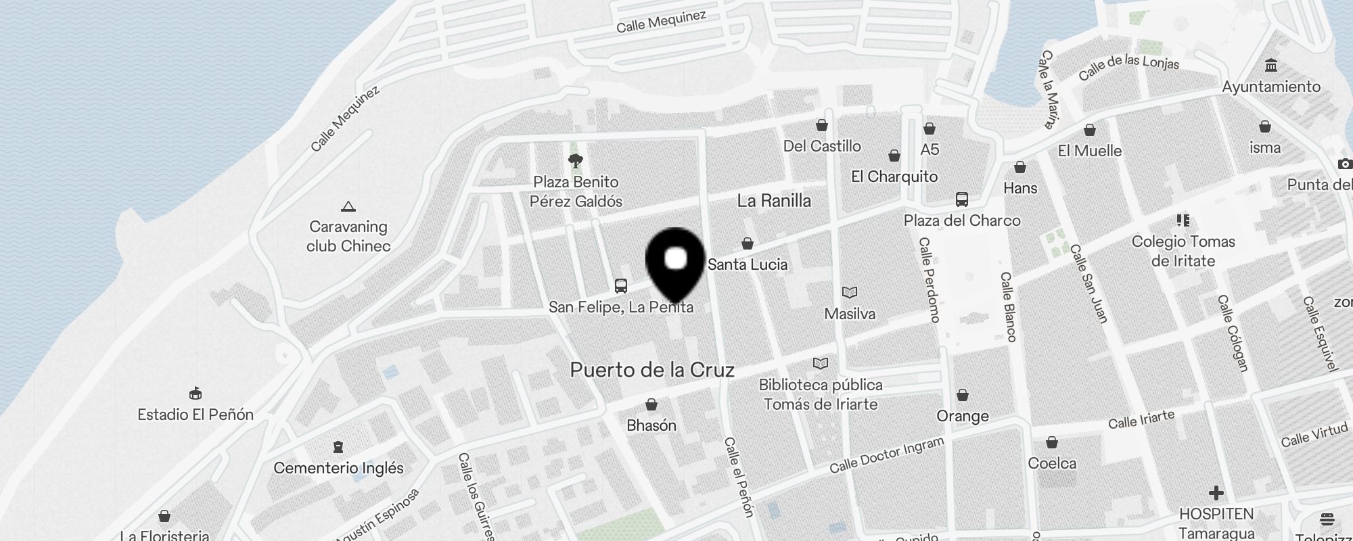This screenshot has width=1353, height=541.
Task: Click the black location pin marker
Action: [x=676, y=261]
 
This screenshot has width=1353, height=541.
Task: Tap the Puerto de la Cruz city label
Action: [x=651, y=370]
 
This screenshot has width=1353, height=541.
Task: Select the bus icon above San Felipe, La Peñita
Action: [x=621, y=286]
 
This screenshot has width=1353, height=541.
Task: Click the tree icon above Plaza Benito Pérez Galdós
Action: [x=576, y=161]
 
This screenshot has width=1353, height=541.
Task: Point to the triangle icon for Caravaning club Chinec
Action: [x=348, y=206]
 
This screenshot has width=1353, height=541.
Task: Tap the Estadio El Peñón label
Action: [x=196, y=415]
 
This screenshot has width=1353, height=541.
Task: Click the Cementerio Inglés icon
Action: [x=338, y=447]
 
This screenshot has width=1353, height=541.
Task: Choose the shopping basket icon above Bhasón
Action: [x=651, y=404]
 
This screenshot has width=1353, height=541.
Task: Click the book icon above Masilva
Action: [x=850, y=293]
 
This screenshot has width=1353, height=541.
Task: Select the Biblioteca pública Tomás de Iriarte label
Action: [x=821, y=394]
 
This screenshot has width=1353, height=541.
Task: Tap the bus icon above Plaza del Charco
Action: [x=961, y=199]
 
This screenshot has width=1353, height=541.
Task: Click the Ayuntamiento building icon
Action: [x=1270, y=66]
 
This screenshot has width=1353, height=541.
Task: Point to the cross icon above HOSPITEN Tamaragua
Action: [x=1216, y=493]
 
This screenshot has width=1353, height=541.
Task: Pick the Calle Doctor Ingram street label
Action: [x=886, y=455]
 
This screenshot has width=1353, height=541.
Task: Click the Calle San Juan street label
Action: [x=1088, y=283]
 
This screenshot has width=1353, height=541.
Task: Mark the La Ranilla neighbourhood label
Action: [x=774, y=201]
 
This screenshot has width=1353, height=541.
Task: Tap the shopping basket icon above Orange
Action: [x=963, y=395]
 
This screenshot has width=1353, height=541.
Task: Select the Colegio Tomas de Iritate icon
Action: [x=1183, y=220]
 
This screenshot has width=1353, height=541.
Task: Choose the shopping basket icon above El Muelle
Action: [x=1089, y=130]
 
